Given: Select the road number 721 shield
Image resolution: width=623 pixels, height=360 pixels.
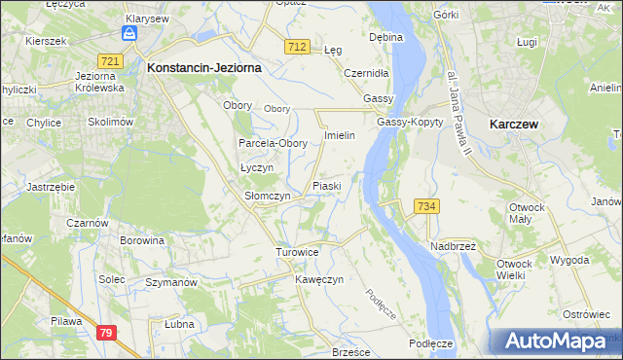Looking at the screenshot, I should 110,61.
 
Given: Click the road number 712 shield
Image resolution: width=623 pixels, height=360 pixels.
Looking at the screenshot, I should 298,47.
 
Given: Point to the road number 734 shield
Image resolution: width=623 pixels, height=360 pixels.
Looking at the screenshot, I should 426,206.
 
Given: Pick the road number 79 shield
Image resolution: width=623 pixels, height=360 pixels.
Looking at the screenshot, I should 106,333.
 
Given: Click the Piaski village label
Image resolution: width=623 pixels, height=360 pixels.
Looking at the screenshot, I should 326,186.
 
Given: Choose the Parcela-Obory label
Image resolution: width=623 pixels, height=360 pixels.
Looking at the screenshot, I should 274,143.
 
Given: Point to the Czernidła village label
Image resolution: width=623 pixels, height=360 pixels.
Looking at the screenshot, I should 367,73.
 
